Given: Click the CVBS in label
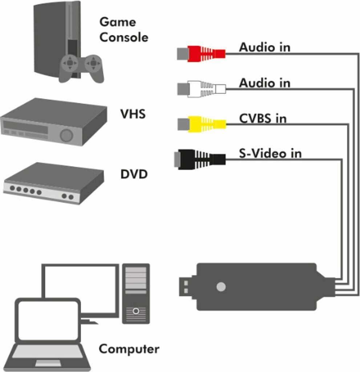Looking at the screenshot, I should tap(263, 118).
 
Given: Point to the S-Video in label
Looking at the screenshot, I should tap(270, 153).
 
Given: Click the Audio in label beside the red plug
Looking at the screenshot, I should tap(264, 47).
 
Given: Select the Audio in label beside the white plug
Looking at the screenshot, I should tap(264, 83).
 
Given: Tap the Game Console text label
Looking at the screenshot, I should tap(124, 29).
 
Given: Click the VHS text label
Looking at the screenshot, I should tap(133, 114).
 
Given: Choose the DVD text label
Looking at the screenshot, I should tap(134, 174).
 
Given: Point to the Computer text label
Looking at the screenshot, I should tap(129, 349).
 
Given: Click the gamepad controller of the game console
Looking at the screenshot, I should tap(81, 67).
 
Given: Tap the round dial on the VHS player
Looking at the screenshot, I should tap(66, 135).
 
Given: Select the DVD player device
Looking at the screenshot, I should tap(54, 183).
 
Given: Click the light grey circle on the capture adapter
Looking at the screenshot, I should tap(221, 287).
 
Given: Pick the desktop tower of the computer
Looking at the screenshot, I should tap(136, 293).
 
